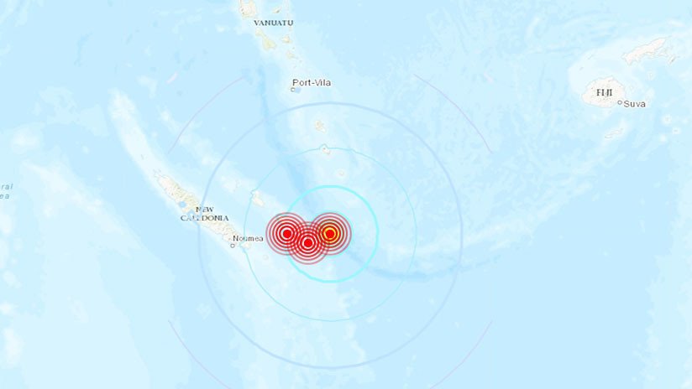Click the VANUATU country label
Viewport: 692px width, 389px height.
[x=274, y=23]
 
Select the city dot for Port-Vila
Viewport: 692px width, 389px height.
[x=294, y=89]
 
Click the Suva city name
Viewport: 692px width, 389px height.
[x=634, y=103]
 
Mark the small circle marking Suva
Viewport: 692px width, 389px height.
[x=620, y=103]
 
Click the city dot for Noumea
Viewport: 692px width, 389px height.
[x=233, y=246]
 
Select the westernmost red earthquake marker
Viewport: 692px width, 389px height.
[x=286, y=233]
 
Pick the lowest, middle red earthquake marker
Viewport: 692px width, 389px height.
[x=308, y=243]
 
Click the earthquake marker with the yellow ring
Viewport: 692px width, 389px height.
[x=330, y=233]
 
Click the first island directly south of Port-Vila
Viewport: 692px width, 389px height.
[x=320, y=127]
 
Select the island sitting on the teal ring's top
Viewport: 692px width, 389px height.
[x=326, y=150]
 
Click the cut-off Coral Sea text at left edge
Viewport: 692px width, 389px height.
[x=5, y=190]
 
